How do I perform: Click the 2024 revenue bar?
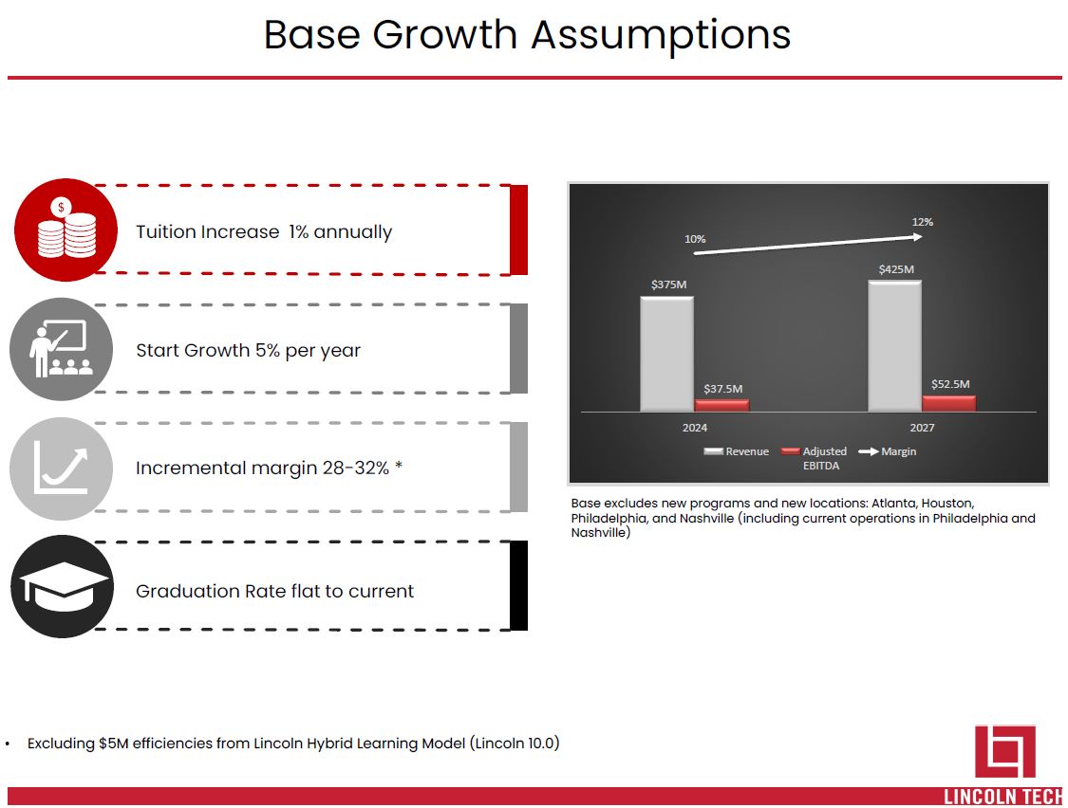coord(666,354)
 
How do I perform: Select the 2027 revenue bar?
coord(894,346)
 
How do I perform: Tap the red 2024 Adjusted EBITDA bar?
coord(721,406)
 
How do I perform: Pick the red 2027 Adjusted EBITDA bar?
coord(948,404)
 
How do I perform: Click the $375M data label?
coord(669,285)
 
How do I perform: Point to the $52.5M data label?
coord(950,384)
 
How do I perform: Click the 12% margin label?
coord(922,222)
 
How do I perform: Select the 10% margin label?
coord(695,239)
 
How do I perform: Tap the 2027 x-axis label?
coord(922,428)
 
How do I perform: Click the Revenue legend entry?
coord(737,451)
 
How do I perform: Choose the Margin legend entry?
coord(888,451)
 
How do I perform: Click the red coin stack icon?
coord(66,230)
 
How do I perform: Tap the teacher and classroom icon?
coord(62,349)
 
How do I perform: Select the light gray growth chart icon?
coord(62,469)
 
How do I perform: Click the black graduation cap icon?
coord(62,587)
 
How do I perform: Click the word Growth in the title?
coord(445,34)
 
